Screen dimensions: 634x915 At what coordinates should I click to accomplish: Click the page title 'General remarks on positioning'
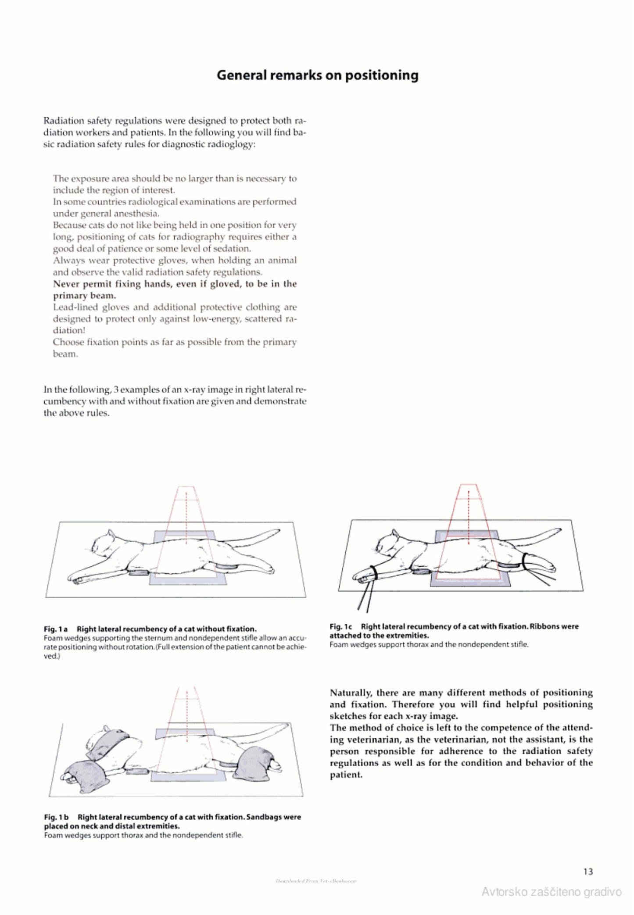click(x=317, y=75)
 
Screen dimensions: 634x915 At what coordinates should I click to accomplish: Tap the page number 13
click(x=588, y=872)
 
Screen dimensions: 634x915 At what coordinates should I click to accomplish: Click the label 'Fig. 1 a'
click(x=55, y=629)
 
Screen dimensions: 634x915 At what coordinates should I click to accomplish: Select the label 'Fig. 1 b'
click(x=56, y=817)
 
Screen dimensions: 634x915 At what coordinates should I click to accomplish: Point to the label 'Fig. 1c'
click(x=341, y=626)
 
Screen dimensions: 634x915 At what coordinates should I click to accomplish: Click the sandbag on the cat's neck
click(x=113, y=742)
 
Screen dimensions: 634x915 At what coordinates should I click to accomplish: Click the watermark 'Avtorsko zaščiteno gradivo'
click(x=552, y=892)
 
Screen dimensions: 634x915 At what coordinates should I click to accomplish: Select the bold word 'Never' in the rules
click(x=66, y=284)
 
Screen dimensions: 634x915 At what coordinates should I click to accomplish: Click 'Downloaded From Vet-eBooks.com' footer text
click(x=316, y=880)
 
